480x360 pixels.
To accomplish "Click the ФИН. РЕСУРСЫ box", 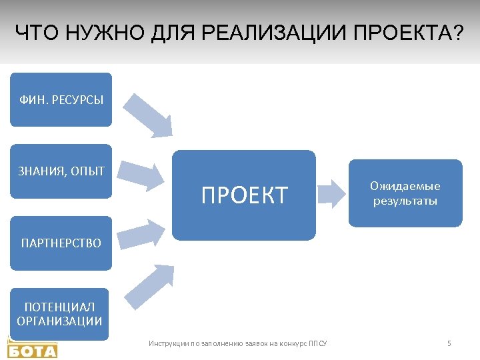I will click(x=61, y=100).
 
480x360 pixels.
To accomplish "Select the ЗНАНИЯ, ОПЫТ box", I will click(x=61, y=171).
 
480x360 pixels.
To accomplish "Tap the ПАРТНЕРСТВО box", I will click(x=61, y=243).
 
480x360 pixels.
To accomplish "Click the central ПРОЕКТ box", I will click(x=244, y=195).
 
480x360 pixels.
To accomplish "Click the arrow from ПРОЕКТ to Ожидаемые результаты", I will click(x=333, y=194).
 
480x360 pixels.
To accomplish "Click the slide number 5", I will click(x=449, y=343).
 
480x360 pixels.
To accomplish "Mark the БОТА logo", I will click(x=32, y=348).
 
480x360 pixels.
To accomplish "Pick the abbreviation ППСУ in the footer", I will click(x=318, y=344).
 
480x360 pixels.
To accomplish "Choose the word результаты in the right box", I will click(x=405, y=201).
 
